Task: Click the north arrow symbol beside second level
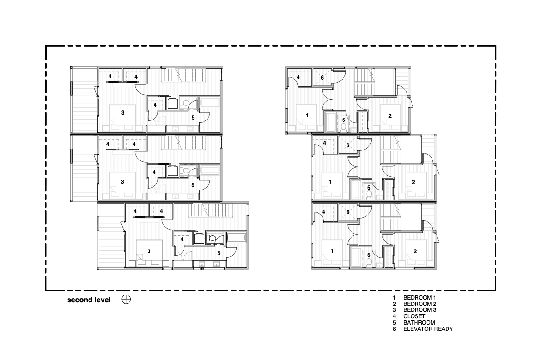[x=126, y=300]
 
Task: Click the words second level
[x=89, y=300]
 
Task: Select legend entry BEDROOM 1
[x=419, y=298]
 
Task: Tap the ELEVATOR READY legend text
[x=428, y=329]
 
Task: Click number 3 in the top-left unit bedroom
[x=122, y=112]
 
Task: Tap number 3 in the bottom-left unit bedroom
[x=149, y=251]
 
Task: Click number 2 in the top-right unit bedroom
[x=390, y=115]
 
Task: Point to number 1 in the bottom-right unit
[x=332, y=251]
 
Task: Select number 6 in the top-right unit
[x=322, y=78]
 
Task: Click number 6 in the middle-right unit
[x=348, y=146]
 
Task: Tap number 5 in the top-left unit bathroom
[x=193, y=117]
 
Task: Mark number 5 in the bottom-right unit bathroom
[x=369, y=255]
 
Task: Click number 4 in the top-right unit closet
[x=298, y=78]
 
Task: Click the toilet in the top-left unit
[x=185, y=104]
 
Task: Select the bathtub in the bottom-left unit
[x=236, y=237]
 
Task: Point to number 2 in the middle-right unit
[x=413, y=182]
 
